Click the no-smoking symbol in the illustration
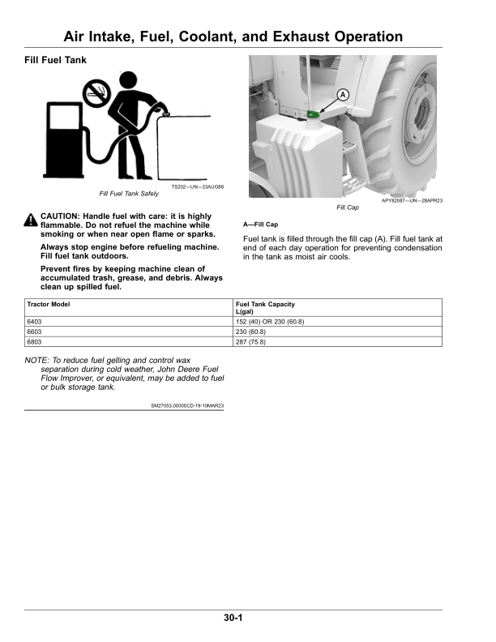[96, 93]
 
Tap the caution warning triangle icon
[31, 220]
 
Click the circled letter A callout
[343, 95]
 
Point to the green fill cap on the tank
[313, 114]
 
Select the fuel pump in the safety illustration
[63, 140]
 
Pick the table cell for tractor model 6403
[129, 322]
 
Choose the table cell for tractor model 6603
[129, 332]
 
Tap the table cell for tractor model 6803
[129, 341]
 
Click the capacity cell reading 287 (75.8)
[338, 341]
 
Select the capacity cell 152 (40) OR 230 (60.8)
[338, 322]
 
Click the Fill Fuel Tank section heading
[55, 60]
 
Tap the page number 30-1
[233, 618]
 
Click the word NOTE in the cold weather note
[36, 360]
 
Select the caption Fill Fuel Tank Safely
[129, 194]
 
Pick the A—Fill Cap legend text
[260, 225]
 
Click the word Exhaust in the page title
[301, 36]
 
